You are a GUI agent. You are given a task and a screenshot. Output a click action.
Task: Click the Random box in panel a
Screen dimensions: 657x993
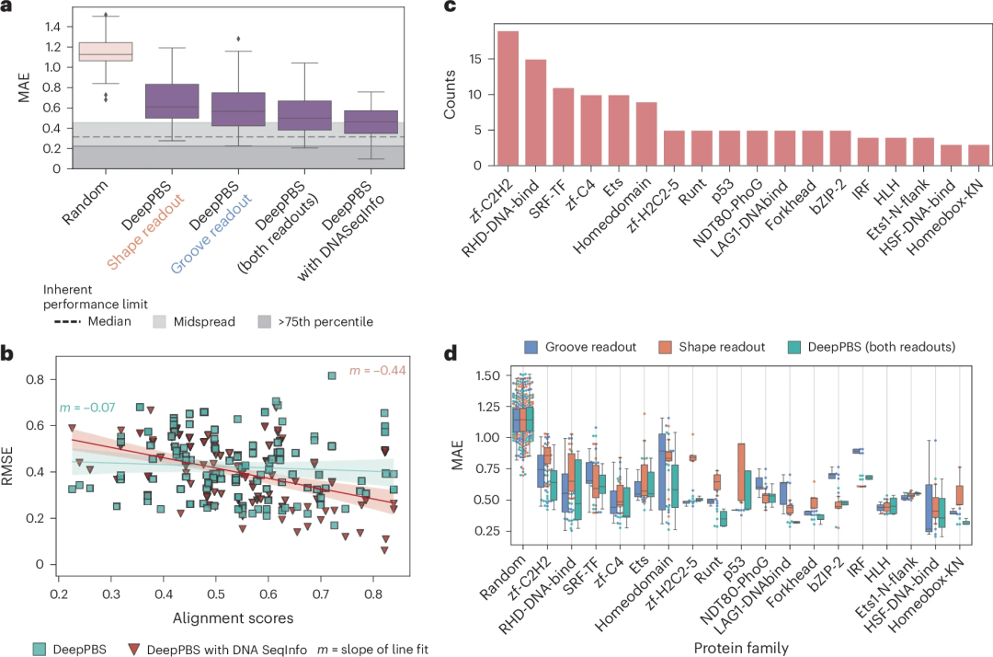(x=106, y=52)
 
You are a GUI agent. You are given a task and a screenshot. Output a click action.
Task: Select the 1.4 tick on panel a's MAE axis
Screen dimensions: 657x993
(x=52, y=27)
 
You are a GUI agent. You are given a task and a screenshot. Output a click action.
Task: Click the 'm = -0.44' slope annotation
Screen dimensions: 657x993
(x=378, y=370)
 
